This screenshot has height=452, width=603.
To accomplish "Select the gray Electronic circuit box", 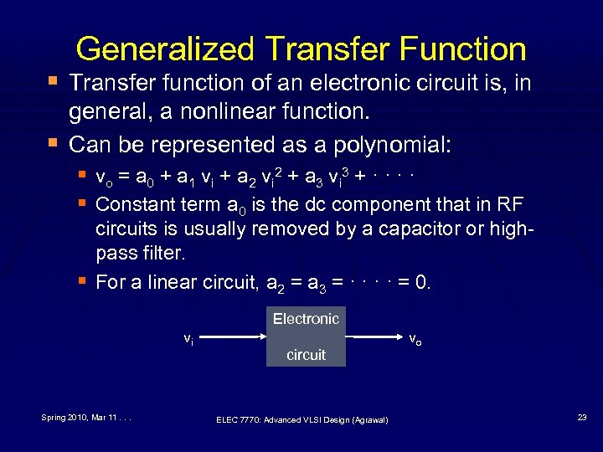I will (x=306, y=337).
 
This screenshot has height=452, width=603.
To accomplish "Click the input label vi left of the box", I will (x=190, y=339).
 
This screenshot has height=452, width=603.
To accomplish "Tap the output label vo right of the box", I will (x=415, y=339).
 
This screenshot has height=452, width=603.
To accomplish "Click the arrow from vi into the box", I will (x=234, y=337).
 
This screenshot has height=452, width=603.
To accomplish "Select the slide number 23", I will (x=581, y=416).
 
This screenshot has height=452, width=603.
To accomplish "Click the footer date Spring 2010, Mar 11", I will (x=80, y=416).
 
